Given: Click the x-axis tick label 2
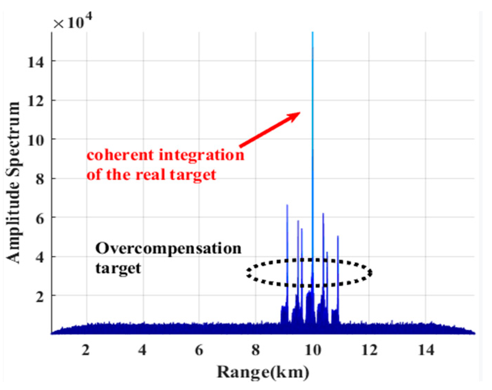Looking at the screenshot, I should [86, 350].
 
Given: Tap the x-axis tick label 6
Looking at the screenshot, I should [199, 350].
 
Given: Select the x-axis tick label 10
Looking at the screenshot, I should [313, 350].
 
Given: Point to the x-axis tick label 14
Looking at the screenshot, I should [426, 350].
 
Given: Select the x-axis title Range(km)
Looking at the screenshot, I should [263, 372].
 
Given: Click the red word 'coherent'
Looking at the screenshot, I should [121, 155].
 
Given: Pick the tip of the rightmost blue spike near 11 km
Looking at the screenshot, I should [338, 237].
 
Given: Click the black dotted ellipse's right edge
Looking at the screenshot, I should [371, 273].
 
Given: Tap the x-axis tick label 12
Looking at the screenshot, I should [369, 350].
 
